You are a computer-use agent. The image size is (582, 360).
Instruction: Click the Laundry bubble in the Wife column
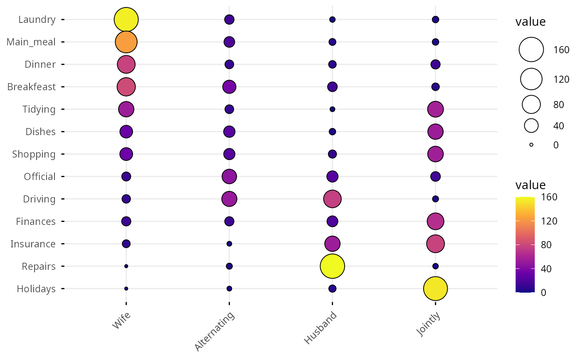tap(126, 20)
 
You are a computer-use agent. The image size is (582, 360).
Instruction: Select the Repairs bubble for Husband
tap(332, 266)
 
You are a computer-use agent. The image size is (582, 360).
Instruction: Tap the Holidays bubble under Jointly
tap(435, 288)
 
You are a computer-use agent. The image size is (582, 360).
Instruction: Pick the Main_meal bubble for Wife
tap(126, 42)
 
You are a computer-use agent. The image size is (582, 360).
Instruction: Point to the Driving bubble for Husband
tap(332, 199)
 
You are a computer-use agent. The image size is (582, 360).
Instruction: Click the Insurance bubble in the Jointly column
tap(435, 244)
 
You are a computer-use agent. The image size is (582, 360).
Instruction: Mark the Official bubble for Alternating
tap(229, 176)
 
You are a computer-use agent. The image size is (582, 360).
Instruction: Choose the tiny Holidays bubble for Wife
tap(126, 288)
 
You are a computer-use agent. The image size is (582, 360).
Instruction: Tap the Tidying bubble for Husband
tap(332, 109)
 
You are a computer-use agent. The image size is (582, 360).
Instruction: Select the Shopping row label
tap(34, 154)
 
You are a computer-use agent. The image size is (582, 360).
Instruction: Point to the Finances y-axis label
tap(36, 222)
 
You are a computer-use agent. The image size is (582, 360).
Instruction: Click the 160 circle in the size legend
tap(531, 50)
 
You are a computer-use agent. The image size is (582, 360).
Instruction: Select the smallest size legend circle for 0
tap(531, 145)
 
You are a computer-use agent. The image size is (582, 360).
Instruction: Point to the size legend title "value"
tap(530, 22)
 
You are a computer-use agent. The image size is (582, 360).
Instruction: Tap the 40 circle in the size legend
tap(531, 125)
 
